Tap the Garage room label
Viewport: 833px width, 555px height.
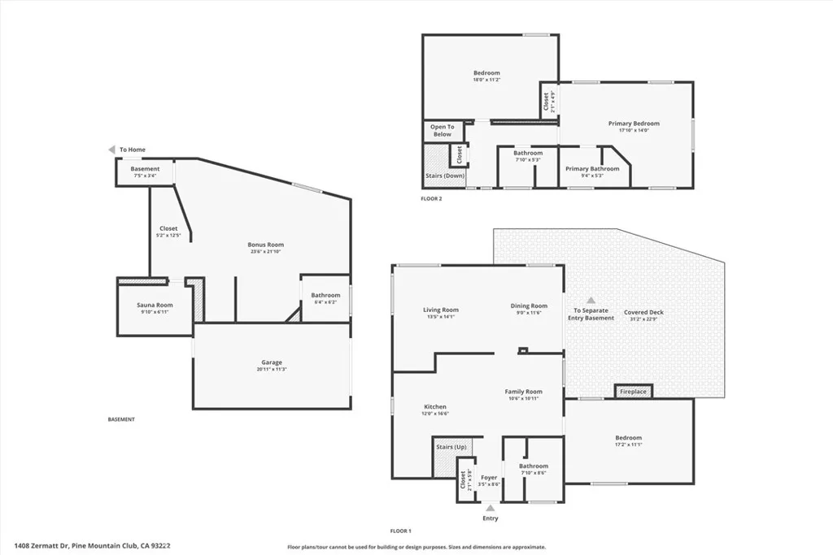pos(272,362)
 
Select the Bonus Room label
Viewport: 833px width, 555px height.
pos(265,245)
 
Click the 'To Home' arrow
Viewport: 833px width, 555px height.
pos(112,150)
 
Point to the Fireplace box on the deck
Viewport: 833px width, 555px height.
pos(633,392)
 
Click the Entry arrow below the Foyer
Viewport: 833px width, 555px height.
pos(490,508)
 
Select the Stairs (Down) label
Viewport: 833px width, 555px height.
pos(444,176)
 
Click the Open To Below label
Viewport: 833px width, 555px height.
pos(442,130)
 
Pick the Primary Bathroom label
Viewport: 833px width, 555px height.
pos(592,169)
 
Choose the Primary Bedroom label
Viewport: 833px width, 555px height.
pos(634,124)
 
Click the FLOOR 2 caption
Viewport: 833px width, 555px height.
pos(431,199)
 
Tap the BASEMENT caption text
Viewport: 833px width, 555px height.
pos(121,419)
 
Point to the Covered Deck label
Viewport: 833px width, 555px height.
pos(643,312)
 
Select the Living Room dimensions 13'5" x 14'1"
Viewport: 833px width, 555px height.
pos(440,317)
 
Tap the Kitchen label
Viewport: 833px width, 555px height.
pos(435,406)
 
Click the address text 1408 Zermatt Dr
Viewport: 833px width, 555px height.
pos(41,546)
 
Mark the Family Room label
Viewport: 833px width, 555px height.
pos(523,392)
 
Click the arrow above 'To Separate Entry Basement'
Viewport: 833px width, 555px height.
pos(591,300)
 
